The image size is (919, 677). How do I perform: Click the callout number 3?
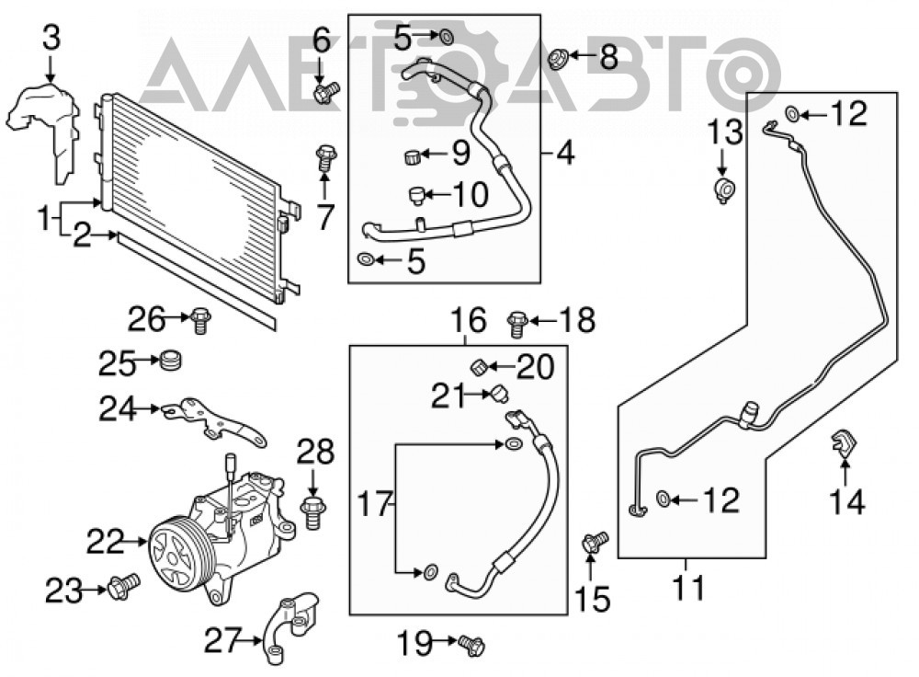click(51, 39)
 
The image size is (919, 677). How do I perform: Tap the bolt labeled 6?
click(326, 92)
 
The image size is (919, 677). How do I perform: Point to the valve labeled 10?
click(416, 195)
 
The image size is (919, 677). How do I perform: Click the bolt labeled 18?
click(516, 323)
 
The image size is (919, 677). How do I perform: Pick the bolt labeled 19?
click(471, 646)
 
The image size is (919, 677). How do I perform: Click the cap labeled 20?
click(480, 368)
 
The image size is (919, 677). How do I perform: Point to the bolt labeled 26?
click(200, 321)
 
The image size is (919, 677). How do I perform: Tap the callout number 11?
click(688, 588)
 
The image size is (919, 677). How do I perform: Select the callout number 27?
click(223, 640)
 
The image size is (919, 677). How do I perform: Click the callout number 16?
click(469, 320)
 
